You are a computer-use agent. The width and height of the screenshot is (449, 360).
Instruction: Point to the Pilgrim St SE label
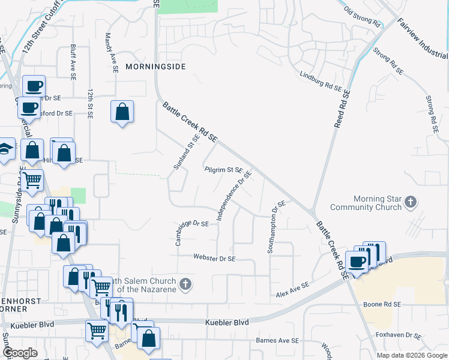click(x=223, y=170)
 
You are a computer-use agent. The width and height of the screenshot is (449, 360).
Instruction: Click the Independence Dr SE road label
click(x=234, y=196)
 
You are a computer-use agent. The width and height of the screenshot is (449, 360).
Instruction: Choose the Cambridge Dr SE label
click(x=192, y=233)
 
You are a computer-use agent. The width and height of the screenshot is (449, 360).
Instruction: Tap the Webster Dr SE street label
click(x=214, y=258)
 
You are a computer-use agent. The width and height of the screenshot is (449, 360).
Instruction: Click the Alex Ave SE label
click(x=292, y=290)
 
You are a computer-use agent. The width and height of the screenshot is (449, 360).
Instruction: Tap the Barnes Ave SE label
click(x=278, y=340)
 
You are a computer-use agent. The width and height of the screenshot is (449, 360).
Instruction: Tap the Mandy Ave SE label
click(x=112, y=53)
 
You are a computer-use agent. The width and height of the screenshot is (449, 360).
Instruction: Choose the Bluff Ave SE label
click(x=72, y=62)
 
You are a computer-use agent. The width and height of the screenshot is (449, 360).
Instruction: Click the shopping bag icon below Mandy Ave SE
click(x=122, y=112)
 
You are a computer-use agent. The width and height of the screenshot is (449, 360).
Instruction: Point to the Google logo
click(x=20, y=353)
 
